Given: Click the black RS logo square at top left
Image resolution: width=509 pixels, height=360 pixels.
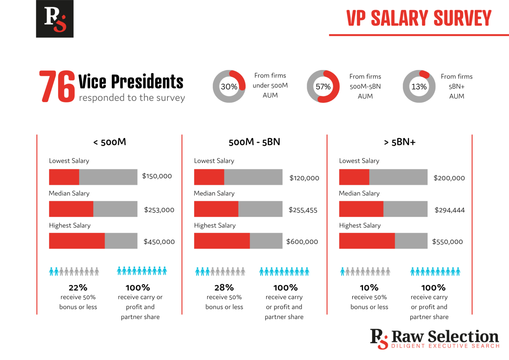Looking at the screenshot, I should (55, 19).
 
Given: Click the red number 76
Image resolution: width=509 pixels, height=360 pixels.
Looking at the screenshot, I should (57, 86).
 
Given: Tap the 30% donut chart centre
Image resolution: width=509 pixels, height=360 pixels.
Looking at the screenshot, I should (229, 87).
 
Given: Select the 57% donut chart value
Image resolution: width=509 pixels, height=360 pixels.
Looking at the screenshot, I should (323, 87).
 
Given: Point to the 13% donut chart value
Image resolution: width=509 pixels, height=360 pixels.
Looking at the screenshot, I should (419, 87).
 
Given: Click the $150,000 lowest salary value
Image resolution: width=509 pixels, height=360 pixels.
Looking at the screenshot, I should (157, 176).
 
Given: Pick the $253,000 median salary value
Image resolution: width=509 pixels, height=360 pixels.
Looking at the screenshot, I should (159, 210).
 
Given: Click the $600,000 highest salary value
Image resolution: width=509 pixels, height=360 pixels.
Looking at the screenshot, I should (302, 242).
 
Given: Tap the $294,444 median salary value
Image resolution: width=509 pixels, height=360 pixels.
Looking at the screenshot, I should (450, 210).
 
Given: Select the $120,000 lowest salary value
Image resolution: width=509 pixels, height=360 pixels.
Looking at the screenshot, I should (304, 178).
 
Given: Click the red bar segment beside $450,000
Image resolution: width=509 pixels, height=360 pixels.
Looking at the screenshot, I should (77, 241).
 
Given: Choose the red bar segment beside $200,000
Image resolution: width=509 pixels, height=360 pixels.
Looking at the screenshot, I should (354, 177).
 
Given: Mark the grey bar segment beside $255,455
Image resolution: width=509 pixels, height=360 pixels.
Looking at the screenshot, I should (260, 209).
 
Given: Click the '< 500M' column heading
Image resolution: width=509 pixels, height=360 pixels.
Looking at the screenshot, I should (110, 142).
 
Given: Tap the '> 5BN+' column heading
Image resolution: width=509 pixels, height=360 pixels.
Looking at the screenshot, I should (400, 142).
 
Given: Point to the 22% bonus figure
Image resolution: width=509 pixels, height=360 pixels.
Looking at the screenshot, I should (78, 287).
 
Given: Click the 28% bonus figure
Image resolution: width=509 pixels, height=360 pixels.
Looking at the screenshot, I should (224, 287).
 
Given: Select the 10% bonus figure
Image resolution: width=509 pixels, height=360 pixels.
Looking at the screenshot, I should (369, 287).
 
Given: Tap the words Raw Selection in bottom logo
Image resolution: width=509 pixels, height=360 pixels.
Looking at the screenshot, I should (445, 337).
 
